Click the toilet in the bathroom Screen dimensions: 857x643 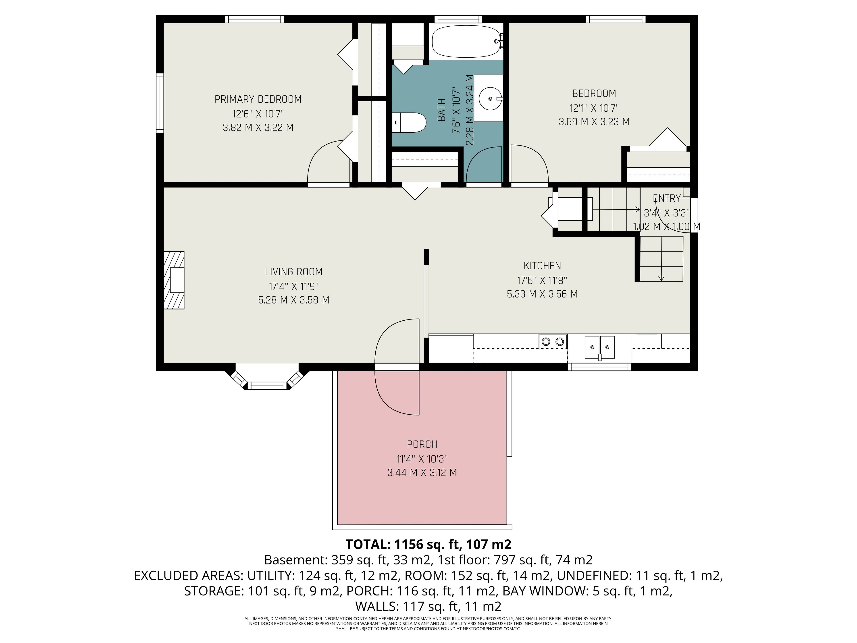[409, 123]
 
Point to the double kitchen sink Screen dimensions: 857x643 [599, 347]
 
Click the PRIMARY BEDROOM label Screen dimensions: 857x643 [258, 99]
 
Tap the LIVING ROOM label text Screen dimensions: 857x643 [294, 272]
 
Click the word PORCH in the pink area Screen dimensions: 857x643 [422, 444]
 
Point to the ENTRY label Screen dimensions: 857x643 [667, 198]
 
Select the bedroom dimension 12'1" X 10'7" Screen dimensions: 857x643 [594, 108]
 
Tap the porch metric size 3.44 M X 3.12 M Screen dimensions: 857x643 [422, 472]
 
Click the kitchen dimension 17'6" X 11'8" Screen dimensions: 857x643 [542, 280]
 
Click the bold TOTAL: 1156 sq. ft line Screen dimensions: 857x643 [428, 544]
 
